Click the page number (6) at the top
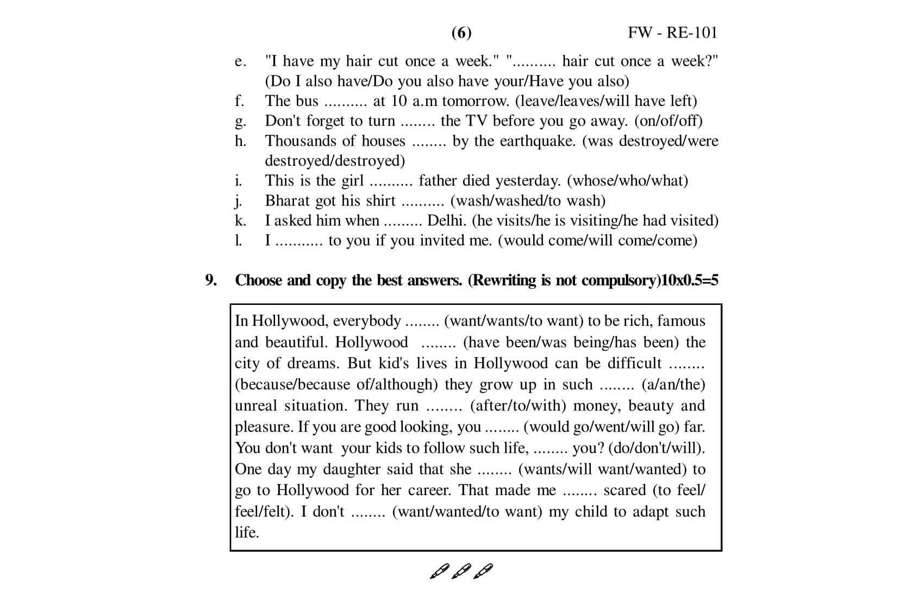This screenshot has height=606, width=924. click(461, 33)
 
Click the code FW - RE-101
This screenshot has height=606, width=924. click(672, 33)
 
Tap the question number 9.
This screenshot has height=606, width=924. click(211, 280)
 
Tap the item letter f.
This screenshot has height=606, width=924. click(239, 101)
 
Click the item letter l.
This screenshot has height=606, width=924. click(238, 240)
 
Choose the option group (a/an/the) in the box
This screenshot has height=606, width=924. click(673, 385)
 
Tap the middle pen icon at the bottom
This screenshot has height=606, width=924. click(461, 571)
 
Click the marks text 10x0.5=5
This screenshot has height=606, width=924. click(689, 280)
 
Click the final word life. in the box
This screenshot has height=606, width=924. click(247, 533)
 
